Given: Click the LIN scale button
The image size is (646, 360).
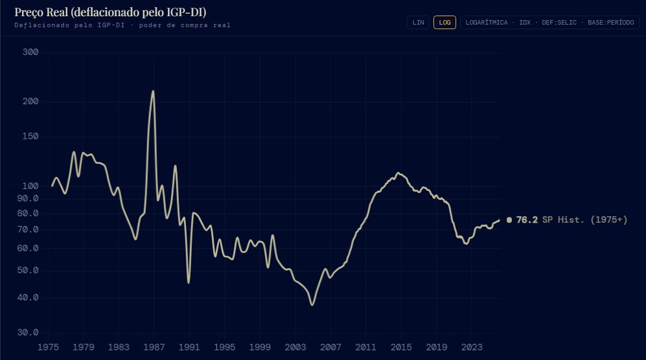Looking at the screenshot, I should (x=418, y=22).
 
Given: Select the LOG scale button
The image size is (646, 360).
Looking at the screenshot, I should (x=444, y=22).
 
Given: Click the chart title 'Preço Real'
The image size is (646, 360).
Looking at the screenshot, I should (x=110, y=12).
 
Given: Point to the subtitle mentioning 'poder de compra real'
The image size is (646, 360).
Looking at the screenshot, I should (x=122, y=25).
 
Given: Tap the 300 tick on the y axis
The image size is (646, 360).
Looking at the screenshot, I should (x=30, y=52).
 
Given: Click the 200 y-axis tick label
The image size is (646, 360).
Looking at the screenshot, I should (x=30, y=102).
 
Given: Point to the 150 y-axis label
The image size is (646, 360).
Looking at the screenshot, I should (x=30, y=137).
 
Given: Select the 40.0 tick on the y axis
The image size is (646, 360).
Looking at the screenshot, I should (x=29, y=298).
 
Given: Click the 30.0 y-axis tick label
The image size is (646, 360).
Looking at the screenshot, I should (x=29, y=333).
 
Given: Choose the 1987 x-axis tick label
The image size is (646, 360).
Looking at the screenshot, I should (x=154, y=347).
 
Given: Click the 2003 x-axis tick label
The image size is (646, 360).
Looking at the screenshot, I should (x=295, y=347).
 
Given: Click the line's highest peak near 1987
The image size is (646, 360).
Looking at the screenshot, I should (x=153, y=91).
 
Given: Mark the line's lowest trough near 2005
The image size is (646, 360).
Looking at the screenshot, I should (x=312, y=304).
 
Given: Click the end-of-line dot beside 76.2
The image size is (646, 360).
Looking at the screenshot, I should (x=509, y=220).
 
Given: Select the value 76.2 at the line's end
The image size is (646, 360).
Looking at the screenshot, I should (x=527, y=220).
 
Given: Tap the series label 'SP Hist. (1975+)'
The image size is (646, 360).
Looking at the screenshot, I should (x=584, y=220).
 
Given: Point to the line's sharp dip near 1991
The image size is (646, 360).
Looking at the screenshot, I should (x=189, y=282).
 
